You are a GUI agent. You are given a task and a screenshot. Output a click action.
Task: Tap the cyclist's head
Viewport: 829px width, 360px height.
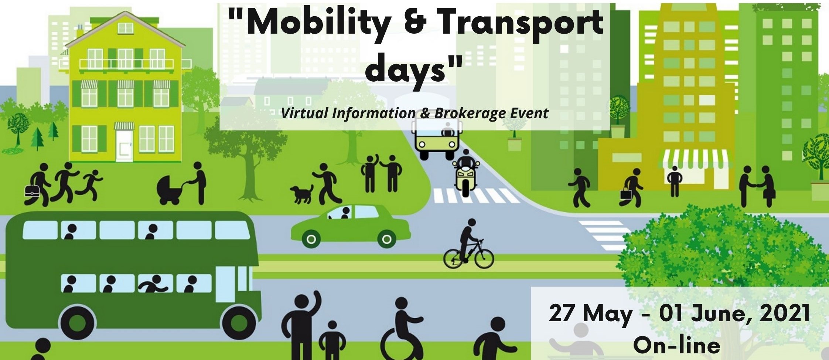pyautogui.click(x=472, y=223)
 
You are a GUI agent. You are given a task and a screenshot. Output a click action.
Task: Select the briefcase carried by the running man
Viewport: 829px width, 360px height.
pyautogui.click(x=32, y=190)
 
